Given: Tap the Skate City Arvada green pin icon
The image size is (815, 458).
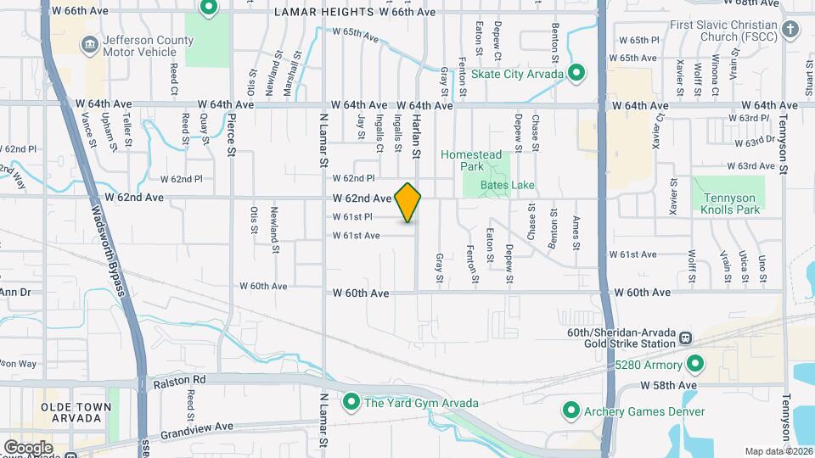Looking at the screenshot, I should pyautogui.click(x=577, y=74).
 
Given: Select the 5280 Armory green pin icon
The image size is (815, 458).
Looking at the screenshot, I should pyautogui.click(x=695, y=365).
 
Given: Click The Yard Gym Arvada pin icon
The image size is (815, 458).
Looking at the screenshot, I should pyautogui.click(x=351, y=402).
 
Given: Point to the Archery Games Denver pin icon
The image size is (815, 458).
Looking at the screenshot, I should pyautogui.click(x=570, y=411).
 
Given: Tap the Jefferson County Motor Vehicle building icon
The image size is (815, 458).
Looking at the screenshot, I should pyautogui.click(x=89, y=42).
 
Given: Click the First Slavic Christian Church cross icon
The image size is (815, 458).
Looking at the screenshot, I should pyautogui.click(x=790, y=31).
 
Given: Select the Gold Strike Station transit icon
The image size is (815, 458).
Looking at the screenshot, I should pyautogui.click(x=684, y=338).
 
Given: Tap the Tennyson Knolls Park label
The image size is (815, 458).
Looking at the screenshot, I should pyautogui.click(x=729, y=203).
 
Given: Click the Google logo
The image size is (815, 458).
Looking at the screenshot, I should pyautogui.click(x=28, y=447).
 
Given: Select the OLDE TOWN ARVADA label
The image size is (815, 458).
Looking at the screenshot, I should pyautogui.click(x=76, y=413).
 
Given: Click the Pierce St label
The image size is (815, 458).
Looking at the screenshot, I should pyautogui.click(x=231, y=136).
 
